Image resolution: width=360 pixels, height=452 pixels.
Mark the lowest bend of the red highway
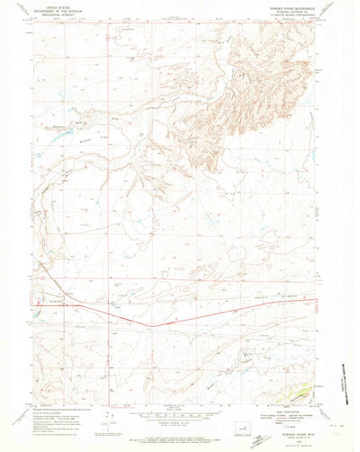click(x=151, y=325)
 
